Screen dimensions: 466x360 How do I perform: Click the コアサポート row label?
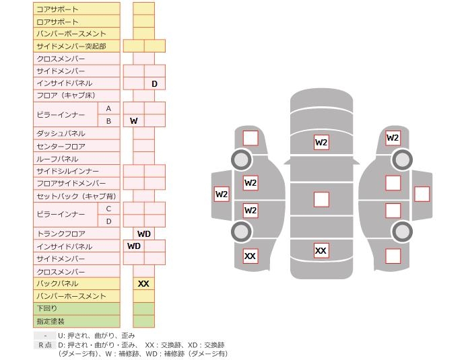(57, 9)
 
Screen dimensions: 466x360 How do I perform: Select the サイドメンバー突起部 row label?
(71, 46)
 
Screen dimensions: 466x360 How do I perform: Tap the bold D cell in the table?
(154, 83)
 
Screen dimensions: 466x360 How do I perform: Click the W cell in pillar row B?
(134, 121)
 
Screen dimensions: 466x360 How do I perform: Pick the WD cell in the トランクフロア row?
(144, 233)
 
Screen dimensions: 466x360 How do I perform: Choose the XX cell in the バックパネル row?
(143, 284)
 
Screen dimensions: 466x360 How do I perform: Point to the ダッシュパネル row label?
(61, 133)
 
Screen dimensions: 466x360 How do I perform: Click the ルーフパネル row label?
(57, 159)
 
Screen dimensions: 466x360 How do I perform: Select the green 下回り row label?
(46, 308)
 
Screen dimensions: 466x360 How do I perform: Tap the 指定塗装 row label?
(51, 321)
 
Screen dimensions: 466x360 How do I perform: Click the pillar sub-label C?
(108, 209)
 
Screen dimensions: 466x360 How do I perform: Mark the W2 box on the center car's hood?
(321, 142)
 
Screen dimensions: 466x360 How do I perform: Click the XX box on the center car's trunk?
(321, 250)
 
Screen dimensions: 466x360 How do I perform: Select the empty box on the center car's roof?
(321, 199)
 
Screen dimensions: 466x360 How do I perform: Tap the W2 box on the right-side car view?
(393, 138)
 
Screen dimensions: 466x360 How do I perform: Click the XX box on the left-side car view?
(251, 256)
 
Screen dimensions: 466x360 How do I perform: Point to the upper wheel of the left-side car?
(241, 159)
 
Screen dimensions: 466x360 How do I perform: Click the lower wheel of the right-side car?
(402, 231)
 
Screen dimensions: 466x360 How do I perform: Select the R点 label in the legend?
(45, 345)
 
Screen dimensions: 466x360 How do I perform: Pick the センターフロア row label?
(61, 146)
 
